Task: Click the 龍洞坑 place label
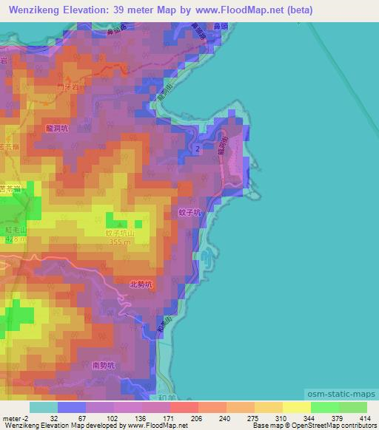[56, 128]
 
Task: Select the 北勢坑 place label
[140, 283]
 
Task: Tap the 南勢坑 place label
[104, 365]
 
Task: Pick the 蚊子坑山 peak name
[119, 232]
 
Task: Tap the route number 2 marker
[198, 149]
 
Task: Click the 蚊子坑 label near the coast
[189, 211]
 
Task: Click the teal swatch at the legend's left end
[43, 407]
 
